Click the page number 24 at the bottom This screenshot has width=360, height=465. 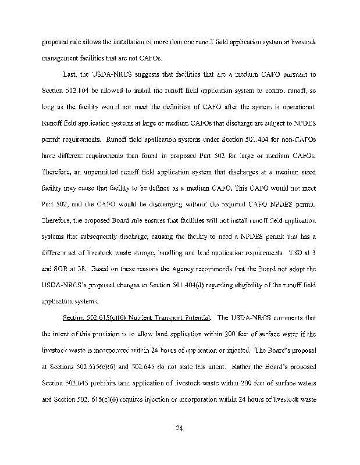pos(180,429)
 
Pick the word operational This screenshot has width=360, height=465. pos(300,108)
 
